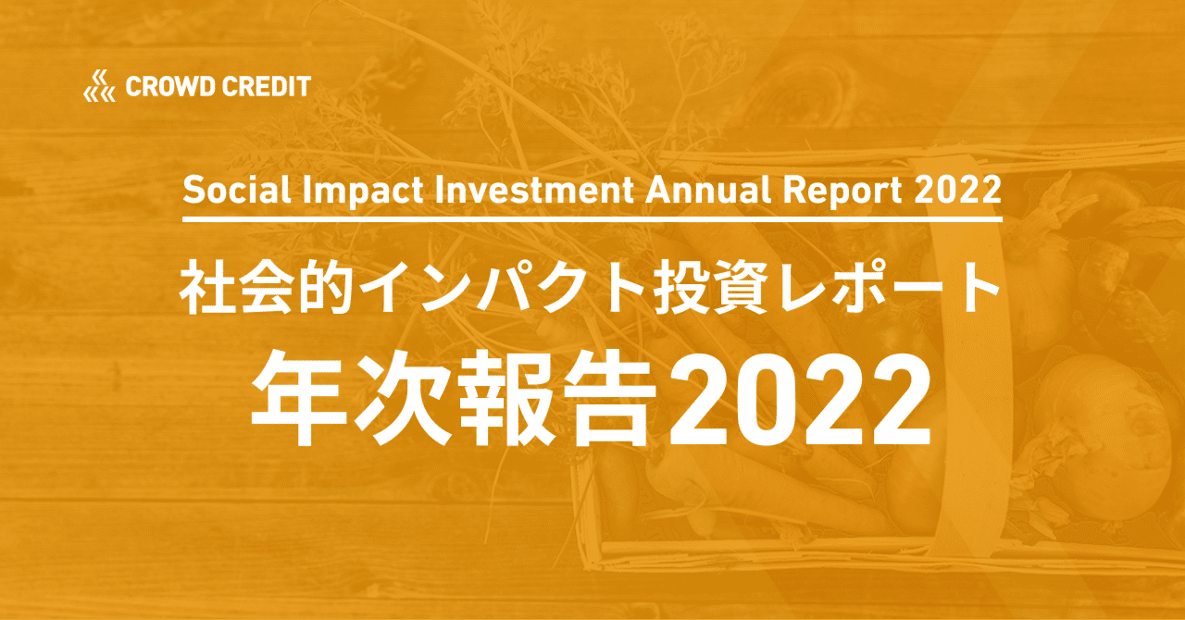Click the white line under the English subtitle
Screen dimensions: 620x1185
tap(592, 220)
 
